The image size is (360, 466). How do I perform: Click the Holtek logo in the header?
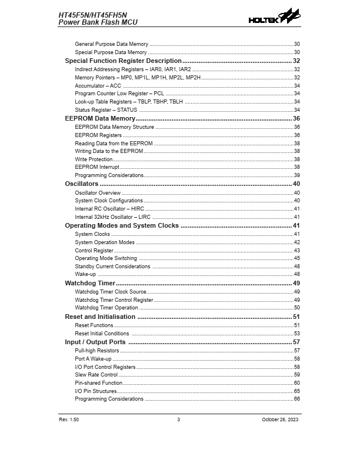tap(274, 18)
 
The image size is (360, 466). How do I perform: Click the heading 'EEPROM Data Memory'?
tap(100, 118)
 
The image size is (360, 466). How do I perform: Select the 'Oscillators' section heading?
tap(82, 184)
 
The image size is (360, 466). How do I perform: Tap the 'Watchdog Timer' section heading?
tap(90, 283)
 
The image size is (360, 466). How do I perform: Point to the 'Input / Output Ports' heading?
tap(95, 342)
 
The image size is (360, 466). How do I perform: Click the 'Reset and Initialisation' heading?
tap(100, 317)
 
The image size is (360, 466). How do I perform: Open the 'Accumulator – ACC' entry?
tap(98, 85)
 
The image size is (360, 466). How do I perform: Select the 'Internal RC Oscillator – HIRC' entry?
tap(109, 208)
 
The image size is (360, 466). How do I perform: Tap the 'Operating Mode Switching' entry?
tap(106, 258)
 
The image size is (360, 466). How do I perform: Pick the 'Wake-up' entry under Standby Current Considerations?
tap(85, 274)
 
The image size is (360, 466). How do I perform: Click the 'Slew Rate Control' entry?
tap(96, 374)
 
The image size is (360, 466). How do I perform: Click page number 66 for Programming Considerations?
tap(297, 399)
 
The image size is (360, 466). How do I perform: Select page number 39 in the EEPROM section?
tap(297, 175)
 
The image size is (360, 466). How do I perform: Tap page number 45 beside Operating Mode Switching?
tap(297, 258)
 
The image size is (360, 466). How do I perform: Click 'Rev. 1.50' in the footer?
tap(69, 419)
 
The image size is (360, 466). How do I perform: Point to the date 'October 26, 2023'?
tap(281, 419)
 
